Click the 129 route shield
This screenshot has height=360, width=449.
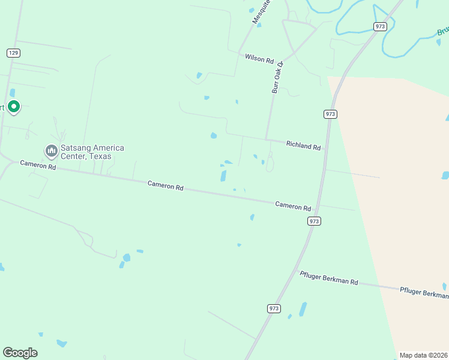(x=14, y=53)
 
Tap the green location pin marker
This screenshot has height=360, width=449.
(x=14, y=107)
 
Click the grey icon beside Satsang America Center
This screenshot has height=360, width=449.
(x=51, y=149)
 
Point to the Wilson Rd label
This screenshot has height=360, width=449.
(x=259, y=58)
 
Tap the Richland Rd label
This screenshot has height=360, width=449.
(x=303, y=145)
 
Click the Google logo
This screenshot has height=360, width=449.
(x=20, y=353)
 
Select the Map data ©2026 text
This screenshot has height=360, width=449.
(x=423, y=355)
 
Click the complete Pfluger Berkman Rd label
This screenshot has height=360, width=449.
(x=329, y=278)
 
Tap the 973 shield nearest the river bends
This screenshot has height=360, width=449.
(x=379, y=26)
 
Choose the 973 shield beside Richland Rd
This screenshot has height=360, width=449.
(x=330, y=114)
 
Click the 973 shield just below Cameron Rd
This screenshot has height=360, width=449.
(x=314, y=221)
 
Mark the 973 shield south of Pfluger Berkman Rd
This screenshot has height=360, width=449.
(x=274, y=308)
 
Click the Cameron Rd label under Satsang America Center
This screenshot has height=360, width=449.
(x=38, y=165)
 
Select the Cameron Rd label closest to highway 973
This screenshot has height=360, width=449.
(x=293, y=206)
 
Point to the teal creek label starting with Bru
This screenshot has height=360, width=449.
(x=443, y=31)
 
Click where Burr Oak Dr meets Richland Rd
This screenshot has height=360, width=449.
(x=267, y=140)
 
